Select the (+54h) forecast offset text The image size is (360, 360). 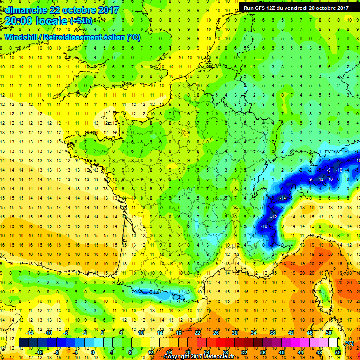pos(81,21)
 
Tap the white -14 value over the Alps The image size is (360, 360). pos(283,199)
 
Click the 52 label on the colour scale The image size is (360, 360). pos(337,352)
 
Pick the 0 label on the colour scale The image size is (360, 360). pos(93,352)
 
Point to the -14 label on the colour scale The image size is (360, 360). pos(30,333)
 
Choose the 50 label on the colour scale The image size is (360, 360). pos(329,333)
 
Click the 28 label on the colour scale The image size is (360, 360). pos(225,352)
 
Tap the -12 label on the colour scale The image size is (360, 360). pos(39,352)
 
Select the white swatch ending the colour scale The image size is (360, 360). pos(333,343)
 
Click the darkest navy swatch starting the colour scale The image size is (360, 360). pos(23,343)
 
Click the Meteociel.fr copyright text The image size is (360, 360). pos(196,357)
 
